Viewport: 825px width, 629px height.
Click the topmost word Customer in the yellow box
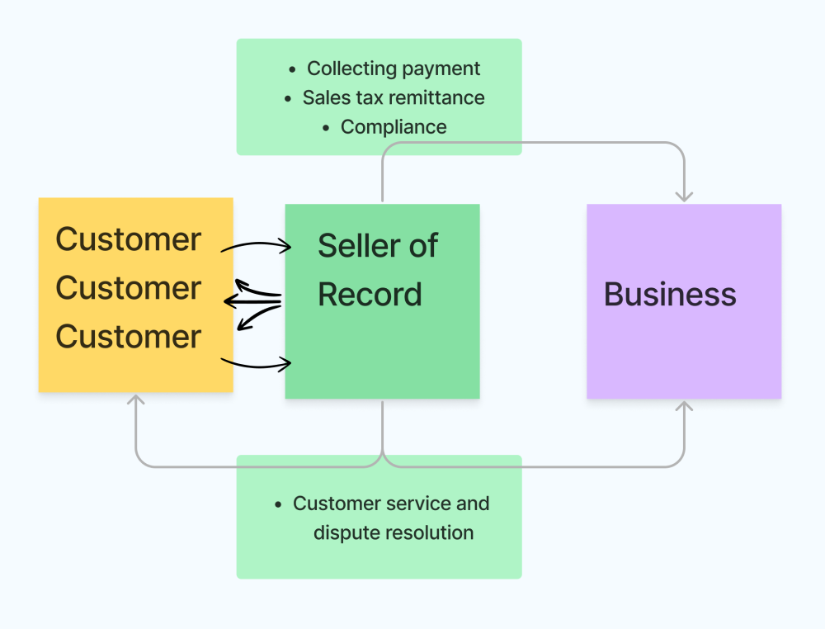click(x=128, y=239)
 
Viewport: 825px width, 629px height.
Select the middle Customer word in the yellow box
click(x=128, y=288)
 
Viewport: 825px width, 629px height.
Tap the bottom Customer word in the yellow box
click(x=128, y=337)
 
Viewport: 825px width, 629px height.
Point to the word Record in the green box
click(x=370, y=295)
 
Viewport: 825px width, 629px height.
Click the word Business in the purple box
click(x=670, y=295)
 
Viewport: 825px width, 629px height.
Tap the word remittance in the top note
click(x=436, y=97)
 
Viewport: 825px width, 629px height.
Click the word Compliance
click(x=394, y=127)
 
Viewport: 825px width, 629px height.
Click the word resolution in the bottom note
click(x=428, y=533)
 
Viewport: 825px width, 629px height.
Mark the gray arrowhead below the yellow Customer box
click(x=136, y=400)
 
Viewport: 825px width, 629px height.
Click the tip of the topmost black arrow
click(x=291, y=245)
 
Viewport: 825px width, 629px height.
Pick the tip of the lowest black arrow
click(x=291, y=363)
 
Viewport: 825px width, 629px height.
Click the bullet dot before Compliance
click(x=327, y=128)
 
